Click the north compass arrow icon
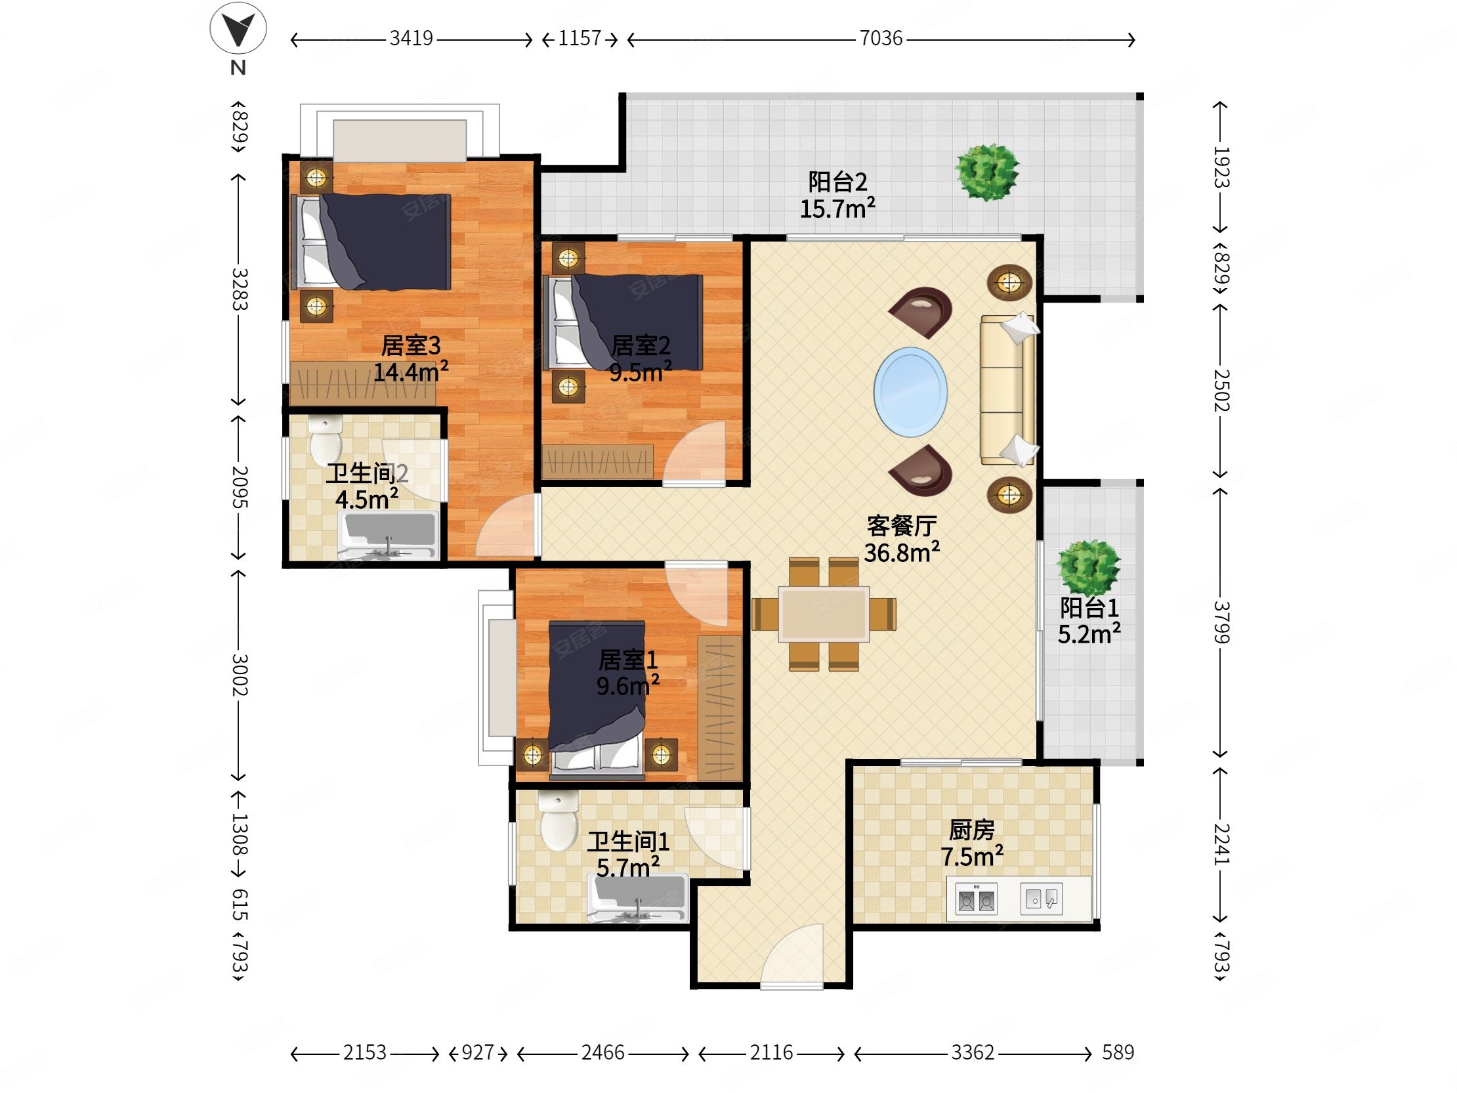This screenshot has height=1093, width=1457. tap(238, 29)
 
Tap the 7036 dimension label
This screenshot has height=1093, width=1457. tap(881, 39)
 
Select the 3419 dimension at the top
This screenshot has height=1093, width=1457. tap(411, 39)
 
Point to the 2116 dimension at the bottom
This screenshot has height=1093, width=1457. tap(771, 1053)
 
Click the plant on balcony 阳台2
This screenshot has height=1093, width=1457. tap(986, 172)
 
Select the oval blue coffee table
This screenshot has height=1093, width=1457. tap(910, 392)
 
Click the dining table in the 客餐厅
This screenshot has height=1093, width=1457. tap(824, 614)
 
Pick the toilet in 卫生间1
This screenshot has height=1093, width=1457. tap(559, 821)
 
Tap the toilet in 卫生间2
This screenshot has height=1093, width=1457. tap(326, 438)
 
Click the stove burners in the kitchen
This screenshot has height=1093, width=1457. tap(976, 899)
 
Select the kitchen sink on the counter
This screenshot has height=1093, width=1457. tap(1042, 899)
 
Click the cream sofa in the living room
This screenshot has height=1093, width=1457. tap(1008, 389)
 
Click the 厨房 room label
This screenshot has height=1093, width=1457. tap(971, 830)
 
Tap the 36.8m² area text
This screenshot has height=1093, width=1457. tap(902, 552)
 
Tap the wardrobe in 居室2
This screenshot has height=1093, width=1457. tap(597, 461)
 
